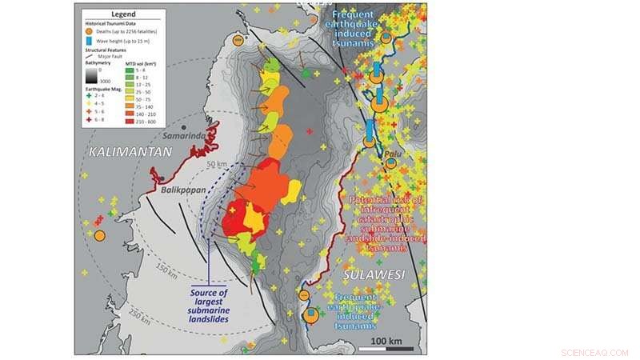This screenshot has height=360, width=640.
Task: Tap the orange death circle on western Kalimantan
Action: pos(100,235)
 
